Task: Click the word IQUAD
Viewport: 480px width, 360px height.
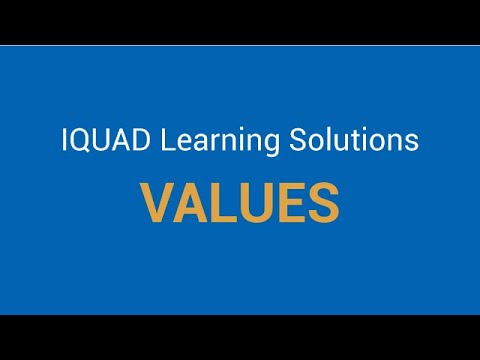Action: point(99,141)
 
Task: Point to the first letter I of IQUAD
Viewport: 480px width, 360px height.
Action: point(64,141)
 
